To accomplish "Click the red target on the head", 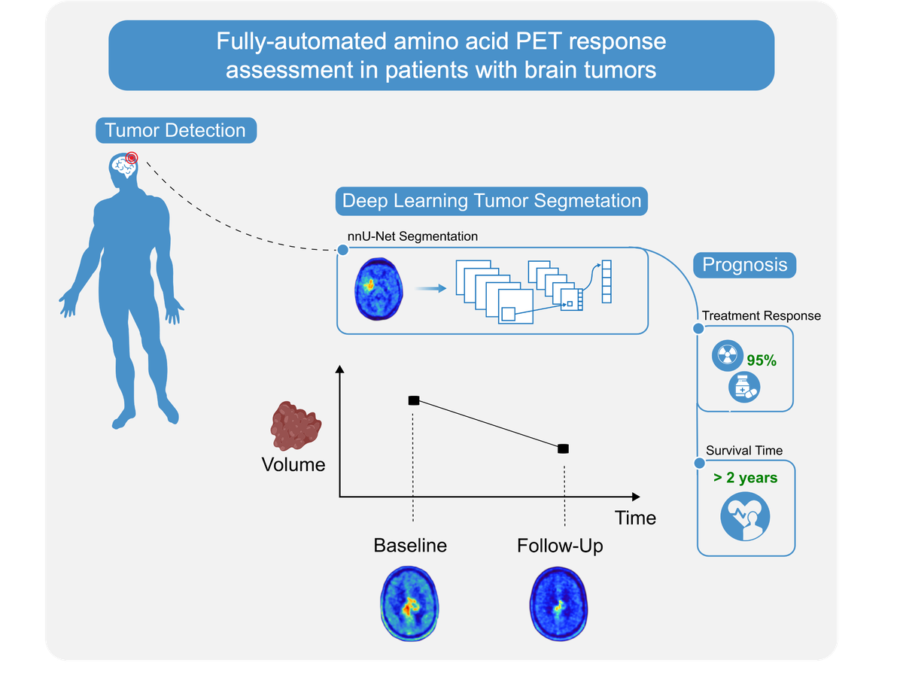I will pos(132,157).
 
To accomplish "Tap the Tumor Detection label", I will pos(175,130).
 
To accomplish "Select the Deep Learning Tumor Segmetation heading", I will pos(491,201).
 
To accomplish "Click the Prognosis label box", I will pos(744,265).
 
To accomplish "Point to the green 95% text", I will pos(761,360).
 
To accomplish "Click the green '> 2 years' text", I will pos(746,478).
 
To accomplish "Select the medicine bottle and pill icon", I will pos(744,388).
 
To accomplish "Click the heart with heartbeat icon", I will pos(745,516).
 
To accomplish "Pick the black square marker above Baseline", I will pos(413,400).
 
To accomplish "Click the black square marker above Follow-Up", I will pos(563,448).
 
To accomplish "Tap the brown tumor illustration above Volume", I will pos(296,427).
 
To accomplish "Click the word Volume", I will pos(293,464).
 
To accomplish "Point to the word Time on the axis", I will pos(635,518).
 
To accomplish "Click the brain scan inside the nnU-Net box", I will pos(379,288).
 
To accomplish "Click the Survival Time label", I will pos(743,451).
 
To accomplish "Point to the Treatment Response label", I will pos(761,316).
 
